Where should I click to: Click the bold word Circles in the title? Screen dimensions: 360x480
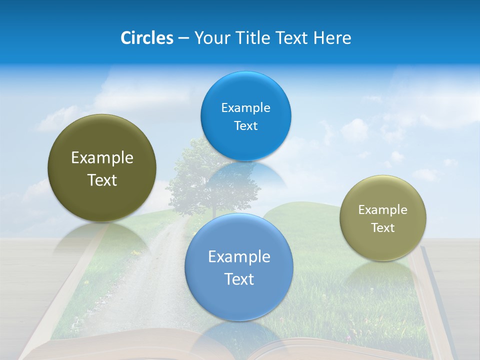(146, 38)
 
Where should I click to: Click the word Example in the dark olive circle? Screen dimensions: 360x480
(102, 158)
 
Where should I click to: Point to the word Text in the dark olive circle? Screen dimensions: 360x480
(102, 180)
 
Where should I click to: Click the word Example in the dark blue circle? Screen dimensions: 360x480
(245, 108)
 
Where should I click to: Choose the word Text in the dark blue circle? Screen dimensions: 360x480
(245, 126)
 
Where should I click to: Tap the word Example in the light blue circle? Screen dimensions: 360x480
(239, 257)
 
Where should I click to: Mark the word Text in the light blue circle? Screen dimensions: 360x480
(239, 279)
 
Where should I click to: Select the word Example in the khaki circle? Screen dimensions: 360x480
(382, 210)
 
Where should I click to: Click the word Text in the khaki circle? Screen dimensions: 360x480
(382, 228)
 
